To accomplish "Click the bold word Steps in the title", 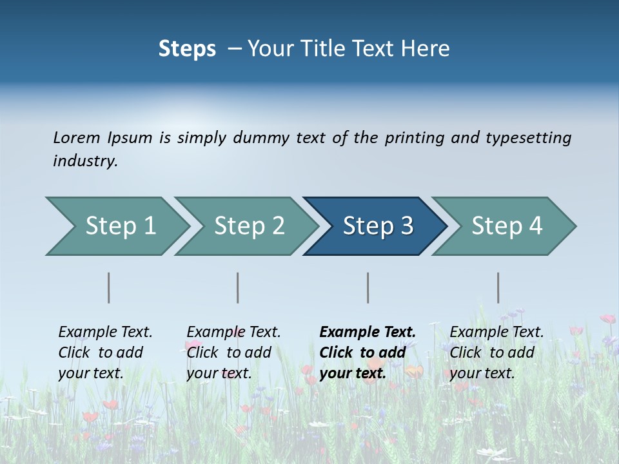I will click(x=187, y=49).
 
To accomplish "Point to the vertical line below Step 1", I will click(x=108, y=287).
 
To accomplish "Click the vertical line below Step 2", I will click(x=238, y=287).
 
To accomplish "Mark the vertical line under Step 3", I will click(x=368, y=287).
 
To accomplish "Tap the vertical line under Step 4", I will click(x=498, y=287).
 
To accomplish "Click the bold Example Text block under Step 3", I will click(x=367, y=353).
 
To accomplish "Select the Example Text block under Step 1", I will click(x=105, y=353).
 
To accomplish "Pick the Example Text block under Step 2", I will click(x=233, y=353).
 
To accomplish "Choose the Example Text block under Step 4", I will click(x=496, y=353).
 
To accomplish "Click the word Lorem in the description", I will click(x=77, y=138).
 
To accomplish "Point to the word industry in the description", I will click(x=85, y=161).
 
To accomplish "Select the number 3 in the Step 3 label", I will click(x=406, y=226).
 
